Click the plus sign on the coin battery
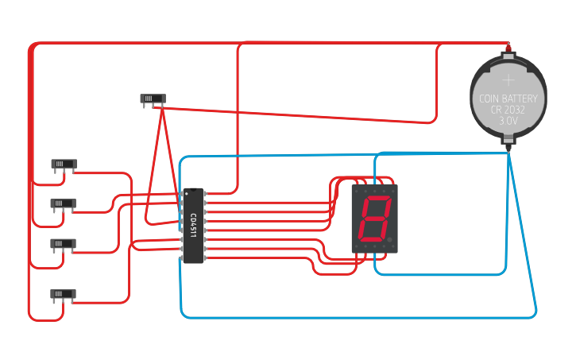click(x=508, y=79)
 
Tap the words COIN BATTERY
click(x=508, y=99)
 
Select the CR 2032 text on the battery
click(x=508, y=110)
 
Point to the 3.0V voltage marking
click(x=508, y=122)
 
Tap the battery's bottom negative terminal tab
click(x=508, y=145)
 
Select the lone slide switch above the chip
click(x=153, y=99)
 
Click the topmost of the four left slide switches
click(x=64, y=165)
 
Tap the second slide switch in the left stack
click(x=64, y=203)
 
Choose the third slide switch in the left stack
click(x=64, y=243)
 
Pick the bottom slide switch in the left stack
click(x=64, y=293)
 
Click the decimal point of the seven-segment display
click(x=389, y=239)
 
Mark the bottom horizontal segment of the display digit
click(x=372, y=239)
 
